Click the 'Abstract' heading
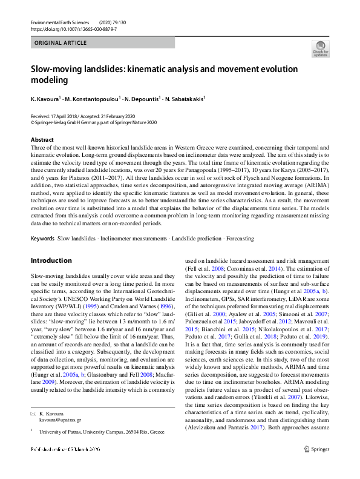42,139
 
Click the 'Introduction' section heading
51,260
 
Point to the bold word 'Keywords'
42,239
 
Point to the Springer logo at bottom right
316,466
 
